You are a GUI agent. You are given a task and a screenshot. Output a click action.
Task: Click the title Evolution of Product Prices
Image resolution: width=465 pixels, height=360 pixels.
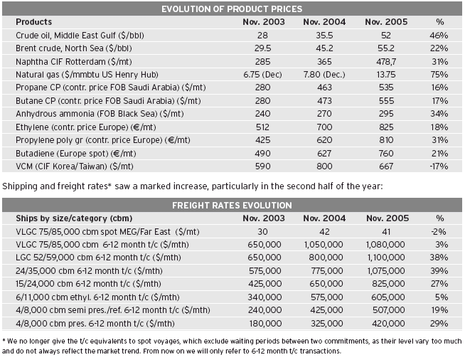point(232,9)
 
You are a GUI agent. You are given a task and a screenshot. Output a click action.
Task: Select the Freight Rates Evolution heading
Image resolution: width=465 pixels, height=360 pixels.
point(232,206)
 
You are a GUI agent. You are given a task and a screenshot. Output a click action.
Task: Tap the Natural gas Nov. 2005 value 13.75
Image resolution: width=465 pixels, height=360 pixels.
point(386,75)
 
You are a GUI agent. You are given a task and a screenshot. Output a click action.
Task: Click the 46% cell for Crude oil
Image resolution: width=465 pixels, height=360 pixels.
point(439,36)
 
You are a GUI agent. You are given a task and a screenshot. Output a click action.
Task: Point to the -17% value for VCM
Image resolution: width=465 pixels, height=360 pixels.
point(439,166)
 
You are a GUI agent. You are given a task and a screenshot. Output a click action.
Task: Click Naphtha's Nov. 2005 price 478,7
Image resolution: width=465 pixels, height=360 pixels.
point(386,62)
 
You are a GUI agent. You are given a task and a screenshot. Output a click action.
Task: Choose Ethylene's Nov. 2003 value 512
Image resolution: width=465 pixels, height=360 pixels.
point(263,127)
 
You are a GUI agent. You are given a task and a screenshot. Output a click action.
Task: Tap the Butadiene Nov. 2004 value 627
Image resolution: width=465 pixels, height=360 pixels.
point(324,154)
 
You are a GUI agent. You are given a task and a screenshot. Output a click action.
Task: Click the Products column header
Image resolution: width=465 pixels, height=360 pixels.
point(34,22)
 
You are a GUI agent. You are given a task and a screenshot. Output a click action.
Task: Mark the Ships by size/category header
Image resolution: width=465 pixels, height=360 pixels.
point(74,218)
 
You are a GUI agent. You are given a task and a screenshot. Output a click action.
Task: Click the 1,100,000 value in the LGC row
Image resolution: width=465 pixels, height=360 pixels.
point(386,258)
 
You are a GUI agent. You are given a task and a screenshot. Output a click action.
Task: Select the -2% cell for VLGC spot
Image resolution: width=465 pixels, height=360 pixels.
point(439,231)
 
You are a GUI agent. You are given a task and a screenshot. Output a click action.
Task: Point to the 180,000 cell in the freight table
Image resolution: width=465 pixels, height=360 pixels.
point(265,323)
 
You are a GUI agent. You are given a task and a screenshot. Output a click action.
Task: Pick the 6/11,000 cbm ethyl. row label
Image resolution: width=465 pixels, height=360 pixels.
point(97,297)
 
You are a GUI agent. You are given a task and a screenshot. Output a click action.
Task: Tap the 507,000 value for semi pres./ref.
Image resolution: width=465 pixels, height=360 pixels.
point(388,310)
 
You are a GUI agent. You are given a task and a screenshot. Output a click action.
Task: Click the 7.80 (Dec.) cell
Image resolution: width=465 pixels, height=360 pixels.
point(324,75)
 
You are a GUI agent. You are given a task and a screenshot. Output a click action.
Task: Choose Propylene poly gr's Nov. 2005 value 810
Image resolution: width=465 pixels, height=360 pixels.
point(386,140)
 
